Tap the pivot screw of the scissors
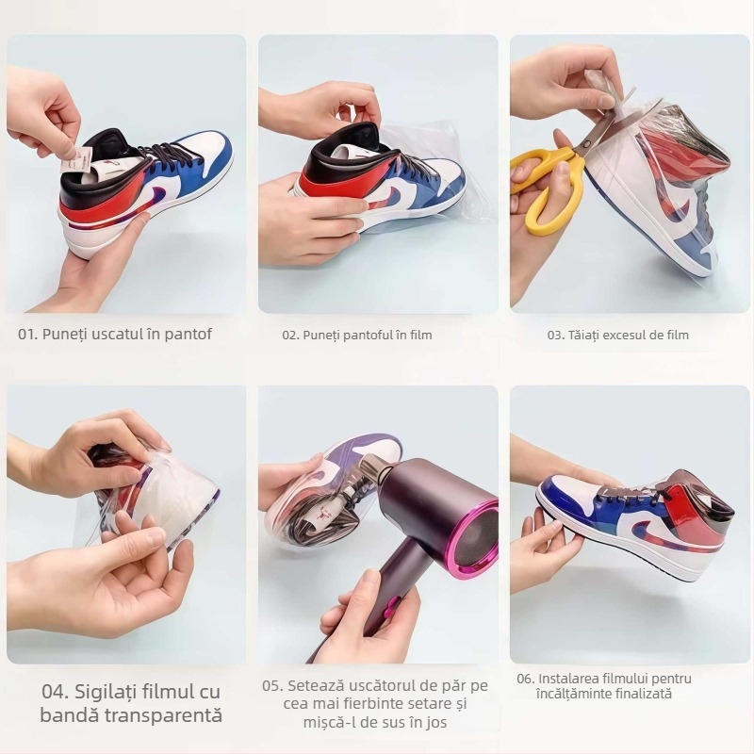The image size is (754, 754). click(586, 143)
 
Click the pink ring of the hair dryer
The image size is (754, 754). click(475, 539)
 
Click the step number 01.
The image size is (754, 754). click(28, 335)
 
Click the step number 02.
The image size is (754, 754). click(291, 336)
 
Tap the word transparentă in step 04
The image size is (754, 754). click(164, 715)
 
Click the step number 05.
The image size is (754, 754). click(272, 686)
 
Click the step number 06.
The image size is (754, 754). click(526, 679)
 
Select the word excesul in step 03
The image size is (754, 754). click(623, 336)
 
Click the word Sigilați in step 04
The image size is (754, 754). click(106, 693)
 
